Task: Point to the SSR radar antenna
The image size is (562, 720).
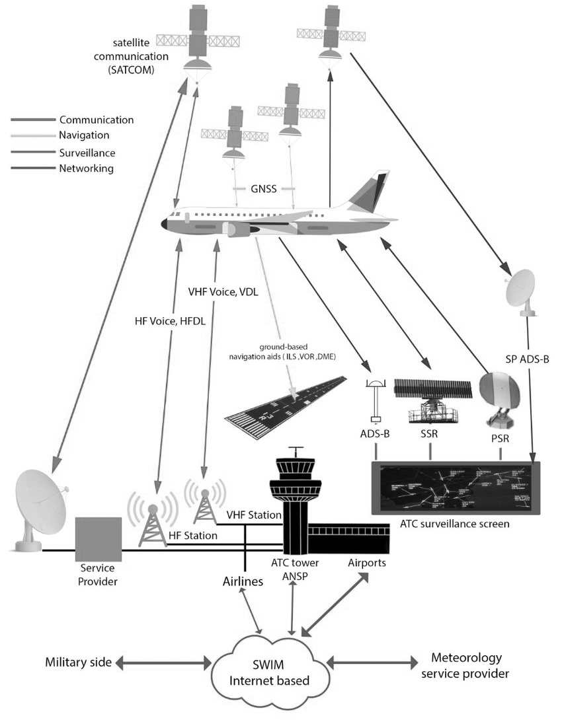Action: pos(432,392)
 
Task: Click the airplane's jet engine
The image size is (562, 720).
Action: pos(236,229)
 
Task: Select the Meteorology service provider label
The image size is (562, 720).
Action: pos(466,665)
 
